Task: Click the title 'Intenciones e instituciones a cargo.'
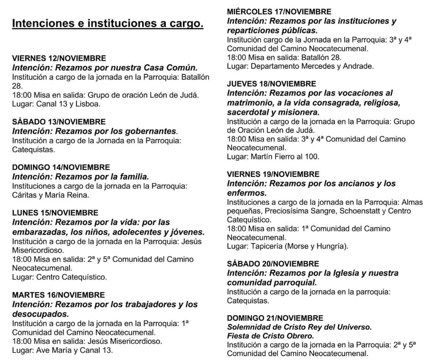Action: coord(107,23)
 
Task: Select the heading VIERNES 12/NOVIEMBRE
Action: coord(59,58)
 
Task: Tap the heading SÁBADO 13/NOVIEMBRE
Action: coord(58,122)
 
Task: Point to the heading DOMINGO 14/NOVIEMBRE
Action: coord(61,167)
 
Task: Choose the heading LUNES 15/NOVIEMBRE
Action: coord(55,213)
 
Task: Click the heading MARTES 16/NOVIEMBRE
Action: coord(58,295)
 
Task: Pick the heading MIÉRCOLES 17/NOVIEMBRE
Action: coord(279,12)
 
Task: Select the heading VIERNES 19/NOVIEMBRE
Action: coord(273,175)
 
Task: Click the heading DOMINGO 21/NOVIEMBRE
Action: coord(275,318)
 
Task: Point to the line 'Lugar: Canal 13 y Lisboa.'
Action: coord(56,104)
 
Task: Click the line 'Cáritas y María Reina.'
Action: coord(50,195)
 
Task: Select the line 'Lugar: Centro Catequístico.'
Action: coord(59,277)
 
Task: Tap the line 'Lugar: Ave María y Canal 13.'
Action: coord(62,350)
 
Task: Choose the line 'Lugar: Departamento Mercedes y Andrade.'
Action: coord(300,66)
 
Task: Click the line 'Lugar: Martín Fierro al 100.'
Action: coord(273,156)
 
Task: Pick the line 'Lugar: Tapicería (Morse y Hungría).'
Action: coord(288,246)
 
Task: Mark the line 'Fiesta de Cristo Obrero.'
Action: coord(271,336)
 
